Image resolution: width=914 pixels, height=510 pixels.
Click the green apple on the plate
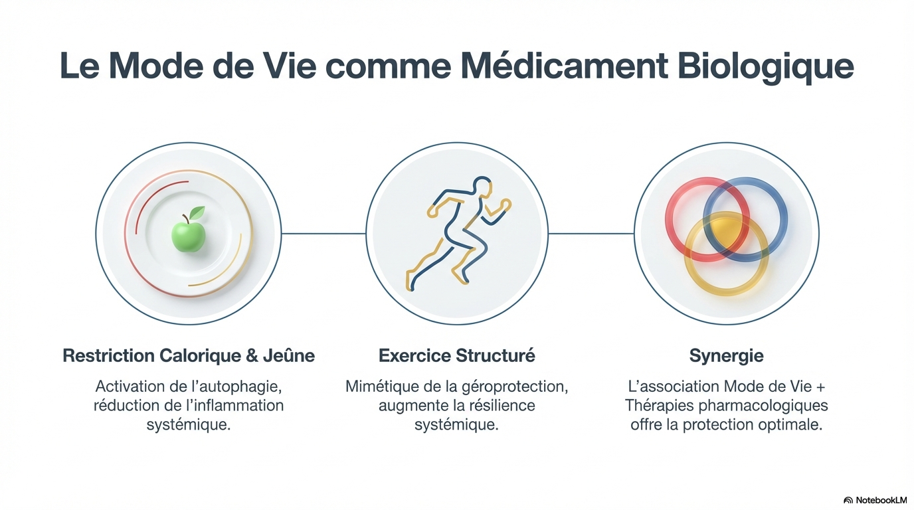pos(188,236)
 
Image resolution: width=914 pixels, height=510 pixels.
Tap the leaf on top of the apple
pos(197,213)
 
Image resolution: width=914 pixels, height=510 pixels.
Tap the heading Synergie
pos(726,356)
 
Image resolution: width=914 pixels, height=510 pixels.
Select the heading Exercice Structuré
pos(456,356)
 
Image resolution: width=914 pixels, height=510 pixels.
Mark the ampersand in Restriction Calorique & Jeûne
pos(252,356)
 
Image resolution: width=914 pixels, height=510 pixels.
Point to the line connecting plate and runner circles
pos(323,233)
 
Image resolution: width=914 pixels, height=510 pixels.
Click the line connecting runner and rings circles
pos(592,233)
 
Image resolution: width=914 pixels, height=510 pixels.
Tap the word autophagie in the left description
pos(246,386)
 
